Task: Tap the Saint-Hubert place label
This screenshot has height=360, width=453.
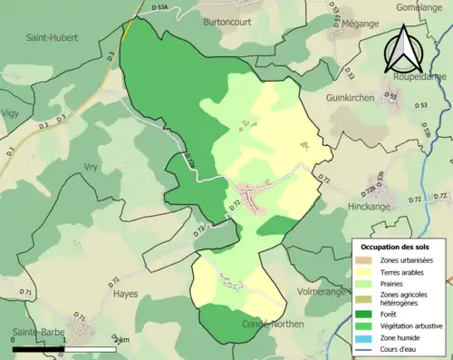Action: point(52,38)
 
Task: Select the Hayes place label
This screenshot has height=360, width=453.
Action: point(126,294)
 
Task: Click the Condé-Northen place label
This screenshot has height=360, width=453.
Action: point(275,324)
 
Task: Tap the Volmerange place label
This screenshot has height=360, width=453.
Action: point(323,292)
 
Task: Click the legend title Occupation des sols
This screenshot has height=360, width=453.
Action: point(395,247)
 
